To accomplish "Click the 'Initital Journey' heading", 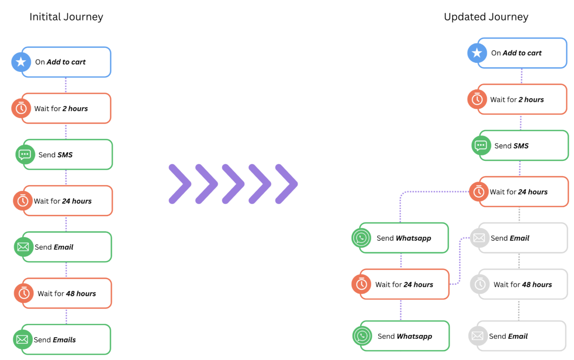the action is point(66,17).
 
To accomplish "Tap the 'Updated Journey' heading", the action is point(486,17).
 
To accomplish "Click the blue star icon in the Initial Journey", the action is point(21,62).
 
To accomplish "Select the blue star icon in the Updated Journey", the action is point(477,53).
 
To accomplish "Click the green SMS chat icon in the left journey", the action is point(25,154).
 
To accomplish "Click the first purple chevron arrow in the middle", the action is point(180,184).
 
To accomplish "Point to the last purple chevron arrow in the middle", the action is point(287,184).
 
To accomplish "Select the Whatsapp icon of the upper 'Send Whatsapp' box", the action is point(361,238).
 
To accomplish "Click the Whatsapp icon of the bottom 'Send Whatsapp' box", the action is point(362,336).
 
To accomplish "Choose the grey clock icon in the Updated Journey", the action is point(480,284).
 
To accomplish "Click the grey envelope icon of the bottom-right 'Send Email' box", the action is point(478,335).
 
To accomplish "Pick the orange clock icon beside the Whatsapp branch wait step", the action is point(361,284).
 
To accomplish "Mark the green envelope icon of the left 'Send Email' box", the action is point(23,247).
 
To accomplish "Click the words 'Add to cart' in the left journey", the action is point(66,62).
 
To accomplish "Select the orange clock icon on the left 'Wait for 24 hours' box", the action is point(22,201).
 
